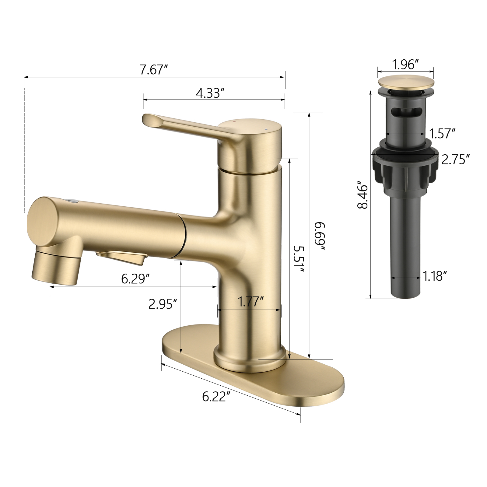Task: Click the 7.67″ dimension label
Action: pos(154,70)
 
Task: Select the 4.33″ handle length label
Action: pos(210,93)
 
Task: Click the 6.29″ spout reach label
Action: pos(135,279)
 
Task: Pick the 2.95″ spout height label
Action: pos(163,304)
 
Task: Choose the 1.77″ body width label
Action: pos(251,302)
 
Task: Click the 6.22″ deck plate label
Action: pos(216,396)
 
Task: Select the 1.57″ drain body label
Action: pos(442,133)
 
